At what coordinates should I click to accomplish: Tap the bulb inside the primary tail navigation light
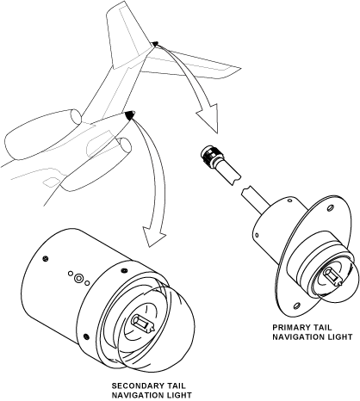333,277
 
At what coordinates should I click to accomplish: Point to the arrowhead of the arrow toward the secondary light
153,235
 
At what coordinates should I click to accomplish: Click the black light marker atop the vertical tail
155,44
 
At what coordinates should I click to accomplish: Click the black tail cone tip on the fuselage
130,114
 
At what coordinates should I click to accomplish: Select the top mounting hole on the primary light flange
330,207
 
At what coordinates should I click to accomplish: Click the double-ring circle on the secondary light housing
78,278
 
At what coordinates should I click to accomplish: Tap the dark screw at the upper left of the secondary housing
45,258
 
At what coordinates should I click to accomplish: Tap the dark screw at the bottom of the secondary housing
85,336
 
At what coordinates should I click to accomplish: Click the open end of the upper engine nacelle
76,117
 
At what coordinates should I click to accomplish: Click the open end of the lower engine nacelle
125,147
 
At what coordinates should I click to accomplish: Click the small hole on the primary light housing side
257,235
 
